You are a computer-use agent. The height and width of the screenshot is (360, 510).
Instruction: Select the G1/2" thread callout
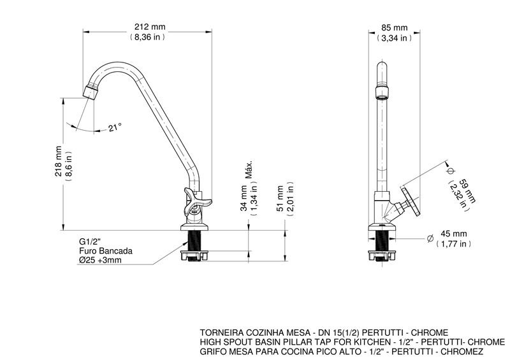coord(91,242)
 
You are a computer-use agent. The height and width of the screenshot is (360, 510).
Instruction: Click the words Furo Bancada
coord(101,251)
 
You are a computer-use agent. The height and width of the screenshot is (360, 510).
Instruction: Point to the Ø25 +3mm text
coord(102,260)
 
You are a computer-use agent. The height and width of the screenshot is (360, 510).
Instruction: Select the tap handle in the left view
coord(193,202)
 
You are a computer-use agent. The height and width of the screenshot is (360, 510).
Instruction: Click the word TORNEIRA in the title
coord(221,333)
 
